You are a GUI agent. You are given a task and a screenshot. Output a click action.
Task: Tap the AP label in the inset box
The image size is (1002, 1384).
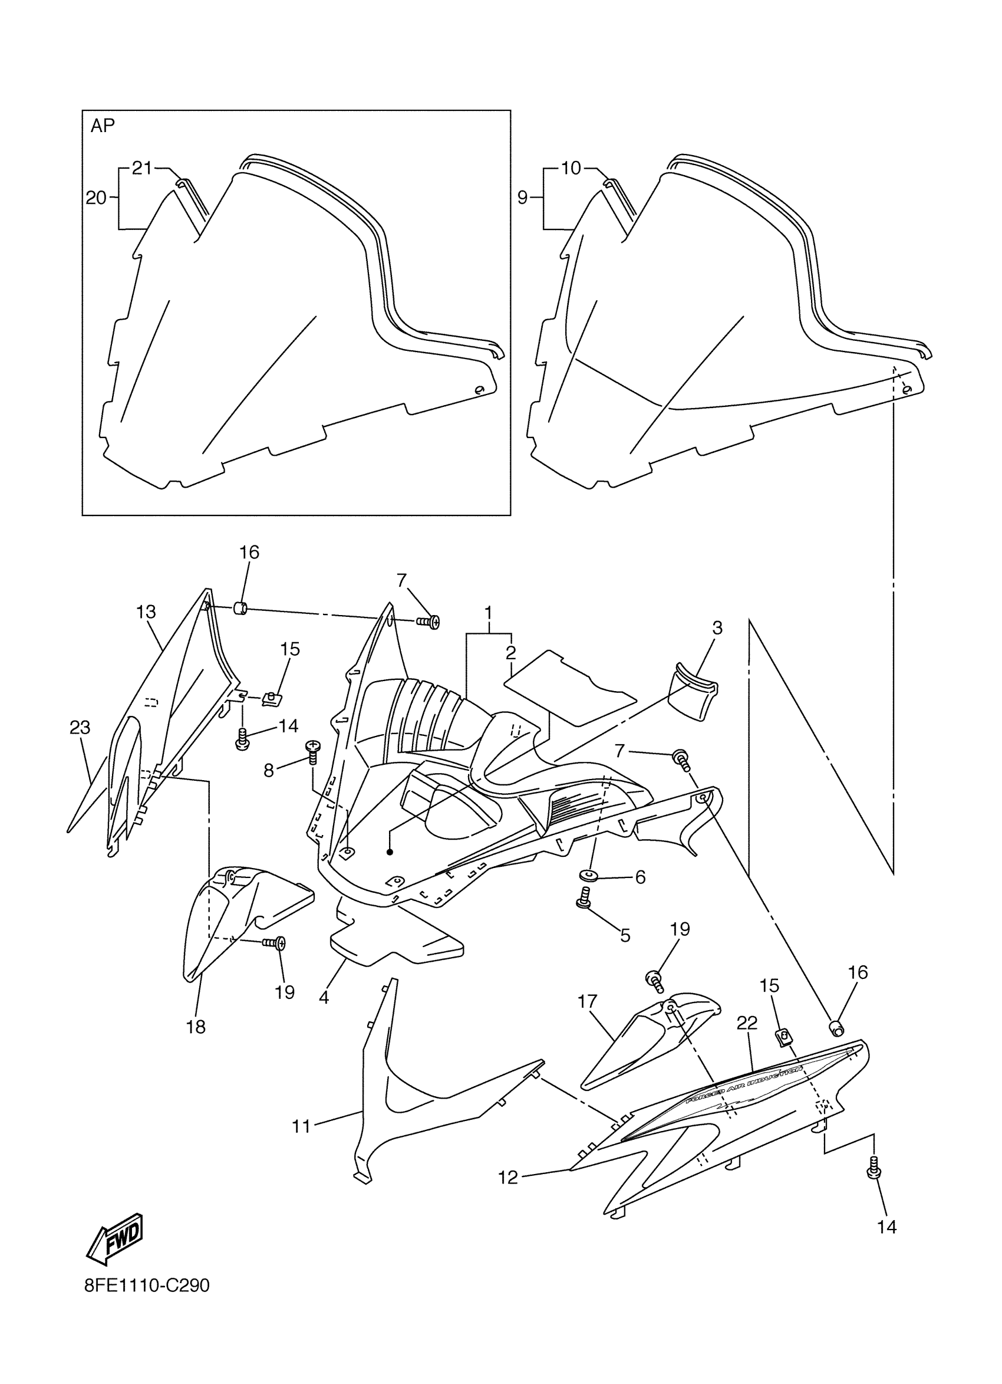103,126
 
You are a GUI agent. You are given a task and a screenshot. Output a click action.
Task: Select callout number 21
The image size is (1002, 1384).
141,168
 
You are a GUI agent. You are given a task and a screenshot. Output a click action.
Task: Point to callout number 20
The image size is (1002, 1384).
95,198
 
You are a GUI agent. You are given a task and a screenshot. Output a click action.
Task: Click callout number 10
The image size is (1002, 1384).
571,168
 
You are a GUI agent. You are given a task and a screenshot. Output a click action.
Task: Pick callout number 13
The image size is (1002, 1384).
146,612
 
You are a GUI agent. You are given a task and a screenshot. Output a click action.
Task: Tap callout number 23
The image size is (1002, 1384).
80,728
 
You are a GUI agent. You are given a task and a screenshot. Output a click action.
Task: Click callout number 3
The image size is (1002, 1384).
717,627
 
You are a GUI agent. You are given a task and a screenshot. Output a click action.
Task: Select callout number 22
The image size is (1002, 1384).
746,1023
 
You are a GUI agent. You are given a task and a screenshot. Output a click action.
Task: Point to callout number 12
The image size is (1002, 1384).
507,1177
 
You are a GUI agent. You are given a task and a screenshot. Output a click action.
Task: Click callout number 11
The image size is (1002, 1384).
301,1126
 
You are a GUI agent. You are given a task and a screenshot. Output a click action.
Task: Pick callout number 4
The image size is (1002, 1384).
324,998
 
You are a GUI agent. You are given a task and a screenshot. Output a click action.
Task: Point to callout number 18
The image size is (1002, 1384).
196,1028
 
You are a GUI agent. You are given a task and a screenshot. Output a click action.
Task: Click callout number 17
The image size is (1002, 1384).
587,1001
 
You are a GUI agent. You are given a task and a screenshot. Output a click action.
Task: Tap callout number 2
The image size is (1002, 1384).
510,652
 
